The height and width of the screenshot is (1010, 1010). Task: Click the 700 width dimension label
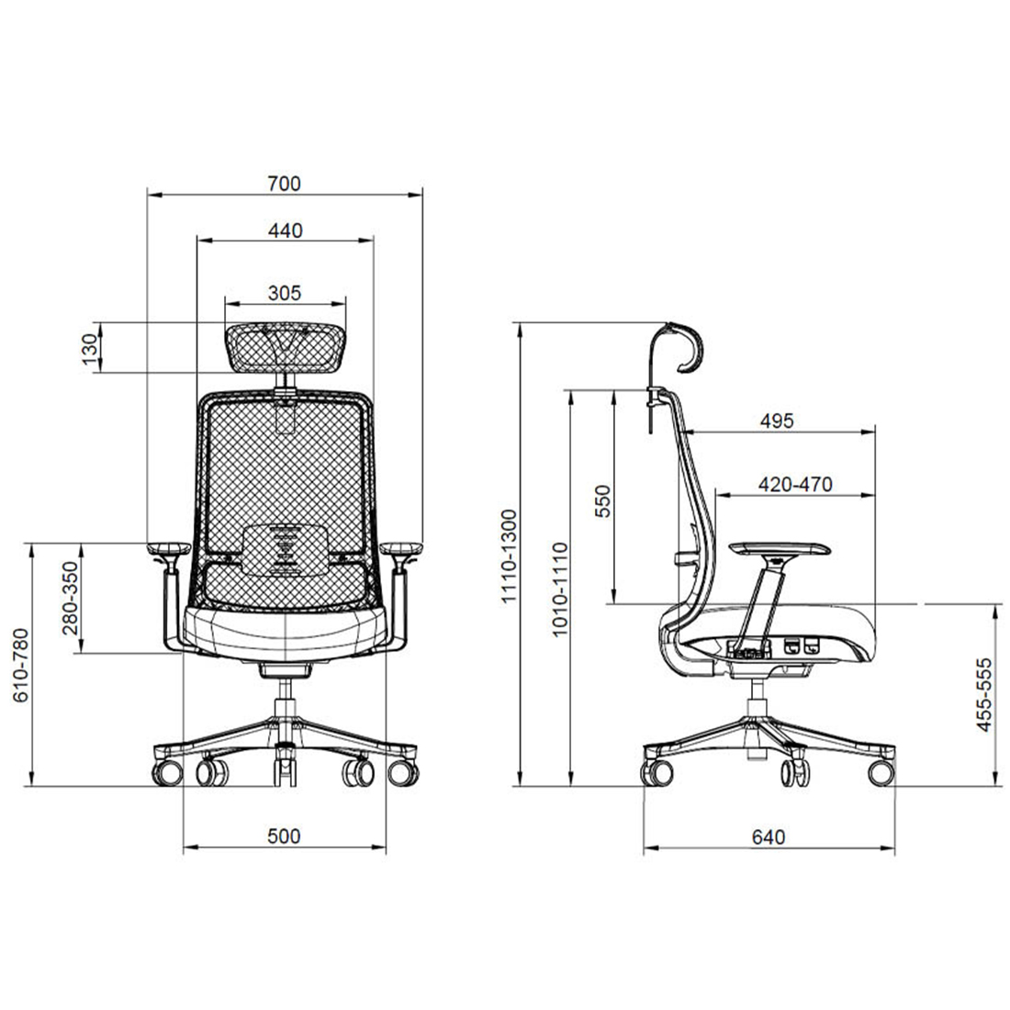(284, 184)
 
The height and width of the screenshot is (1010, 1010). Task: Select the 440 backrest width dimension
(285, 230)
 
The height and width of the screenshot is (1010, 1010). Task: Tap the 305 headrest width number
(284, 293)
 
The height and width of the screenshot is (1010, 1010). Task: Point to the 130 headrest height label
(92, 349)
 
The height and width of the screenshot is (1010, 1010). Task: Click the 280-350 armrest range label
(70, 599)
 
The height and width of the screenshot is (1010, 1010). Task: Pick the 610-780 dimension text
(21, 665)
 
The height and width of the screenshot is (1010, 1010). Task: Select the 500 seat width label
(284, 836)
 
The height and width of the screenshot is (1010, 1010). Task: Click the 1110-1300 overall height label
(510, 555)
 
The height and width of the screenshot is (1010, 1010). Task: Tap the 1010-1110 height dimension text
(560, 589)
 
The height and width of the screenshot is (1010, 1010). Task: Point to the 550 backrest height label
(603, 501)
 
